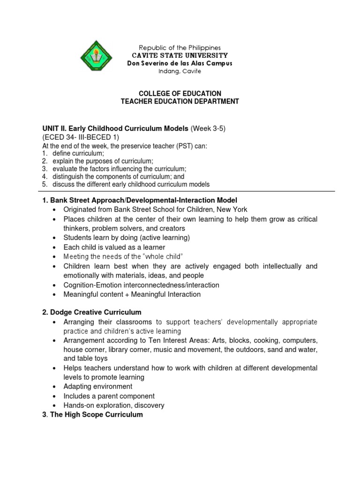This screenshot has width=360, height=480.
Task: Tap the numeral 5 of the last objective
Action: coord(45,185)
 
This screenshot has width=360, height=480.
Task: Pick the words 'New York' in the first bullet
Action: coord(233,210)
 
